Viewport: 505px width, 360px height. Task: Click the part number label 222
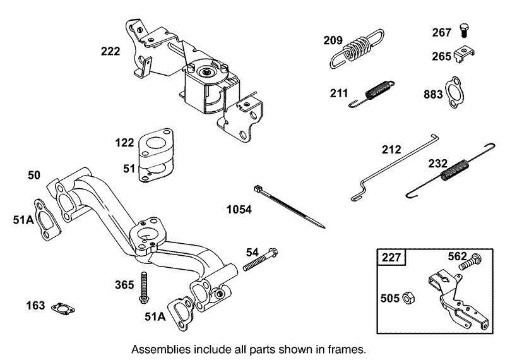coord(110,52)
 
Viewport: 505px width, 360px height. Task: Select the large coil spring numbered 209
coord(357,47)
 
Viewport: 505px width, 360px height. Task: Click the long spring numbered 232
coord(456,169)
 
